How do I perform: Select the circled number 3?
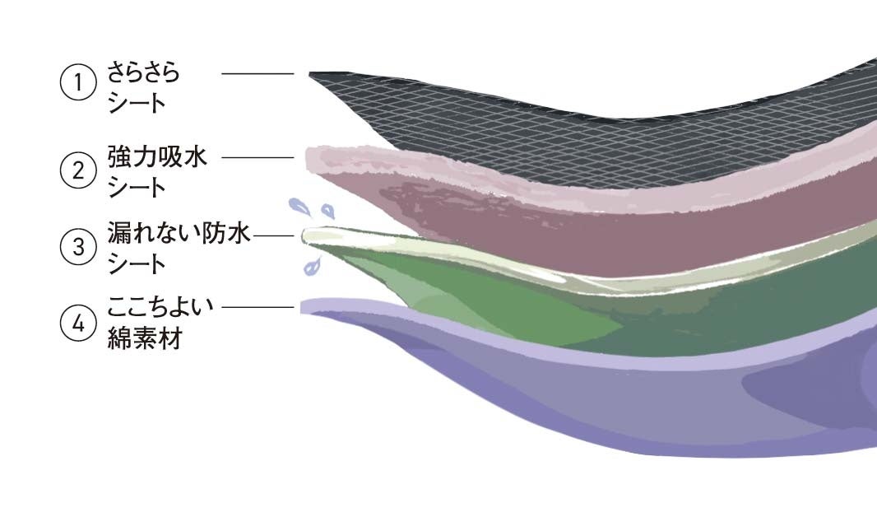pyautogui.click(x=78, y=247)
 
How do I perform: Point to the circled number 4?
pyautogui.click(x=78, y=324)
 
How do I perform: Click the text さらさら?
pyautogui.click(x=143, y=73)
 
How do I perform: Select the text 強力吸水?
pyautogui.click(x=157, y=157)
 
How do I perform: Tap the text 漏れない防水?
pyautogui.click(x=178, y=235)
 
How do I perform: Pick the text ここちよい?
pyautogui.click(x=160, y=308)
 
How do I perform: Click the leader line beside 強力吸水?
pyautogui.click(x=258, y=157)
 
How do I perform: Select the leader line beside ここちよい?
pyautogui.click(x=258, y=308)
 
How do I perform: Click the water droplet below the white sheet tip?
pyautogui.click(x=311, y=266)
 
